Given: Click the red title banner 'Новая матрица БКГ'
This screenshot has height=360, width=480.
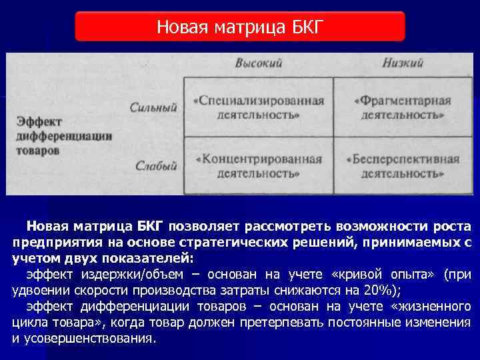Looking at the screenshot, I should (x=239, y=27).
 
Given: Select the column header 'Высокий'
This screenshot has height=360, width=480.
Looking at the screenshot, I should (x=259, y=63).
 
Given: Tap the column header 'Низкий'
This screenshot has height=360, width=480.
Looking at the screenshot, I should (x=403, y=63).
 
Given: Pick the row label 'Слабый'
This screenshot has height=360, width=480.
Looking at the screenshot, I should (x=155, y=165).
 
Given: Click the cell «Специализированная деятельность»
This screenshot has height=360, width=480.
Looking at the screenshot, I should (x=259, y=107).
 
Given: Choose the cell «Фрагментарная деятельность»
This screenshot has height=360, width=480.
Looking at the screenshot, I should (x=403, y=107).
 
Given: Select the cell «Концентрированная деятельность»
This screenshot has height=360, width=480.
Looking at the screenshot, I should (x=259, y=166).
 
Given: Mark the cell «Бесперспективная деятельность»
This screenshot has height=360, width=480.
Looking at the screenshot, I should (x=403, y=166).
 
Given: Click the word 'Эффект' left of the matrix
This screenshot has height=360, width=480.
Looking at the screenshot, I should (x=38, y=122).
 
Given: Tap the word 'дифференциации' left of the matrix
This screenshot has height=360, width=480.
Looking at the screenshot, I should (x=64, y=136).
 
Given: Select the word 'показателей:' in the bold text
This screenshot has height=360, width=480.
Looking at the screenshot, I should (x=153, y=259).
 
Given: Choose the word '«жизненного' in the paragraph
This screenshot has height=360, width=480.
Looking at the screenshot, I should (x=432, y=306).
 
